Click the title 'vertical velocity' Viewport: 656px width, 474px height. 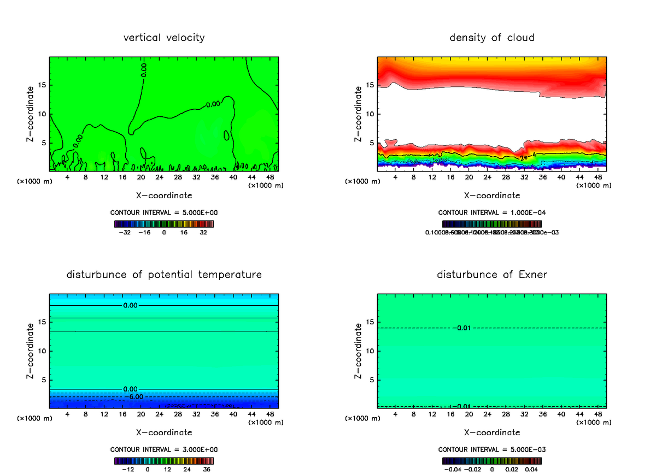164,38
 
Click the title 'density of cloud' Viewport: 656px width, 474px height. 492,38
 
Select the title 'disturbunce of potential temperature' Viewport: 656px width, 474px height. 164,275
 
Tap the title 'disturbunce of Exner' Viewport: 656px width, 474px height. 492,275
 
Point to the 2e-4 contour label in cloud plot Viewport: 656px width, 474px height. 527,157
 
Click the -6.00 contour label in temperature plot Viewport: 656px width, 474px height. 134,396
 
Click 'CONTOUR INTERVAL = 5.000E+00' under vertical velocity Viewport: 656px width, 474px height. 164,212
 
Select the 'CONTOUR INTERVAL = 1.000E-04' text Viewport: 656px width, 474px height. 492,212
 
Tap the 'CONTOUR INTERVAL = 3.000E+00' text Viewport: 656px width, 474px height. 164,449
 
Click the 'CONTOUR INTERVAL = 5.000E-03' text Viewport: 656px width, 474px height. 492,449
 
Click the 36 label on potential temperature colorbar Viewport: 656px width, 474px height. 207,469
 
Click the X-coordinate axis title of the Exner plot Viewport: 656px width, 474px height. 492,432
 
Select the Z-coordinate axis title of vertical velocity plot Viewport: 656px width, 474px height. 31,114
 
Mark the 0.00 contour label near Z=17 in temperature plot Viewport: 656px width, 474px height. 130,305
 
